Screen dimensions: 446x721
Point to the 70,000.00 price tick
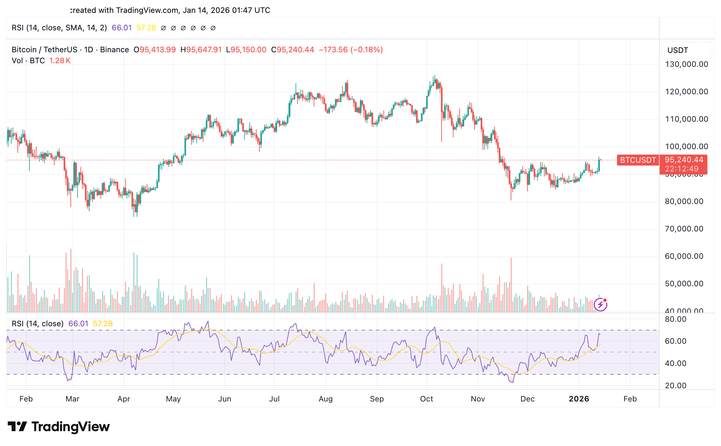pos(684,229)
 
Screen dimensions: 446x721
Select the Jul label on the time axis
pos(274,399)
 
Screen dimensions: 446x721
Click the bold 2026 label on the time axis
pos(579,399)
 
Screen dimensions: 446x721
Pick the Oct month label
pos(426,399)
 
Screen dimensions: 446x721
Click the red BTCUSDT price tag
pos(638,160)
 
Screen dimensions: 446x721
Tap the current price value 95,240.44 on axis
pos(684,160)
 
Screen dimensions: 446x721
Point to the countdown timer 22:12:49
pos(682,169)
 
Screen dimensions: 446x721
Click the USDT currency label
pos(678,50)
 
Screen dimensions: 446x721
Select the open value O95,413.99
pos(155,50)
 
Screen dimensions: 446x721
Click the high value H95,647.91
pos(201,50)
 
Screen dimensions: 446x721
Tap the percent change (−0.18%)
pos(367,50)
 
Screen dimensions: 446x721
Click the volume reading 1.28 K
pos(60,61)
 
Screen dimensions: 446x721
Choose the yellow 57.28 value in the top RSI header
pos(146,28)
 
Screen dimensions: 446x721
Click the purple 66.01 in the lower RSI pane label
pos(78,324)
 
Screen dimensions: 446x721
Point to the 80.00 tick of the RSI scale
pos(675,319)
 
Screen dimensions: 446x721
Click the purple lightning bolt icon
pos(600,304)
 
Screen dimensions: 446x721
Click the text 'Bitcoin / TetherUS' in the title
pos(44,50)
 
